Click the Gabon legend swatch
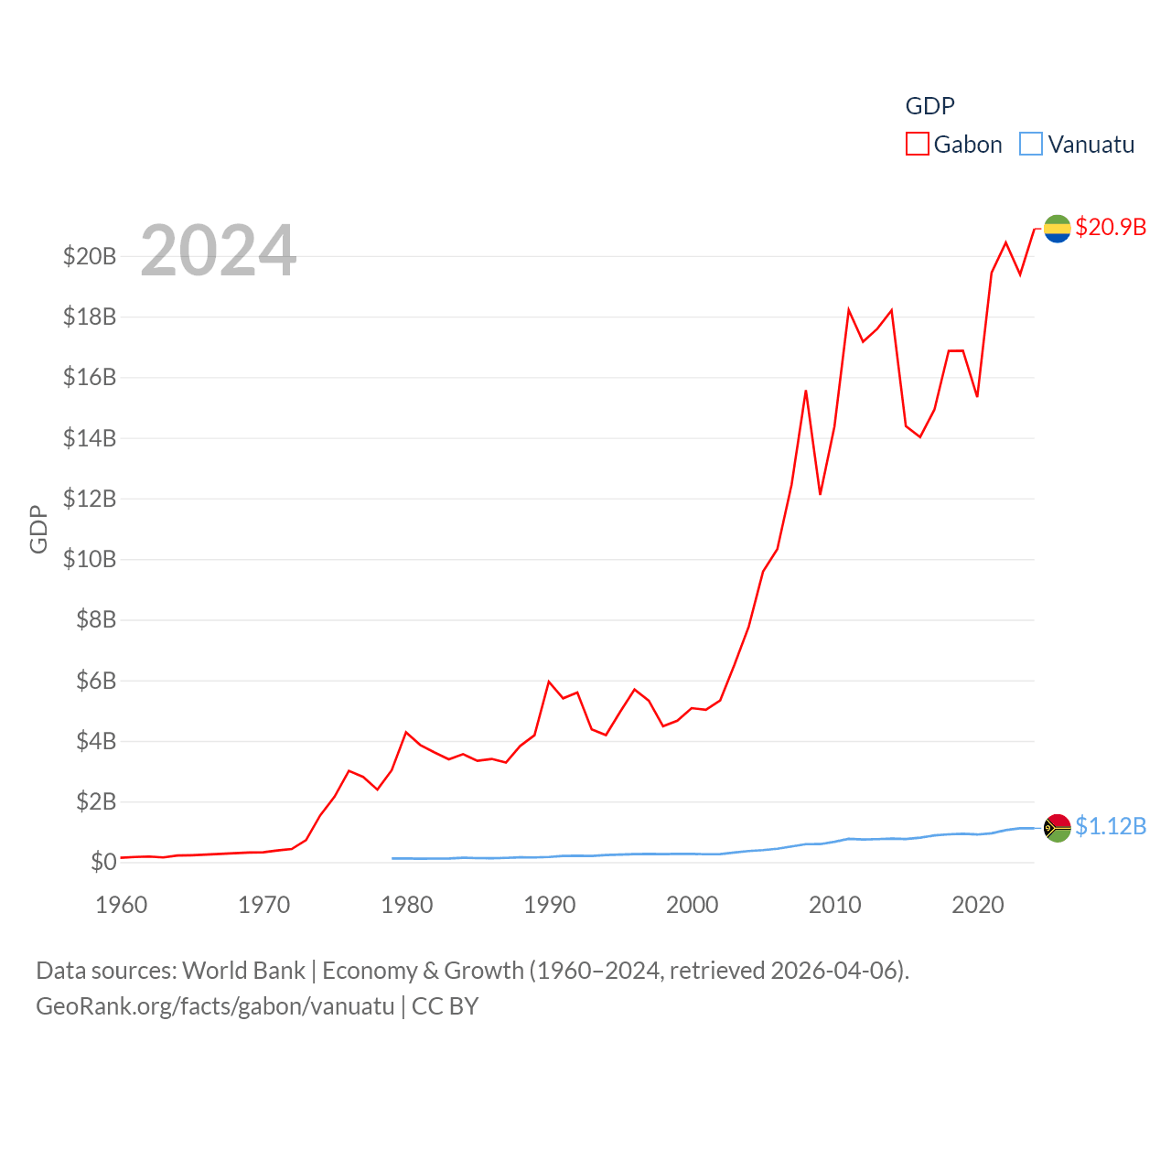(x=917, y=145)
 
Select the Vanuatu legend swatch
(x=1031, y=145)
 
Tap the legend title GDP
(x=929, y=106)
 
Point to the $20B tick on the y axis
(x=90, y=256)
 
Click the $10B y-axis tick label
(x=90, y=559)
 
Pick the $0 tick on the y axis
(x=103, y=862)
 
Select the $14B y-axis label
(x=90, y=438)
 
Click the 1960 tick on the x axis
(x=122, y=905)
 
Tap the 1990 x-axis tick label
(x=550, y=905)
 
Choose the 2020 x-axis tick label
(x=978, y=905)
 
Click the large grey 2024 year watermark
(x=218, y=251)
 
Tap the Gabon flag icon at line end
(x=1058, y=229)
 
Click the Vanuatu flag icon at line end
(x=1058, y=828)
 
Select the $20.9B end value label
(x=1111, y=227)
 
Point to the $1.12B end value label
(x=1111, y=826)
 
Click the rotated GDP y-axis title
(x=38, y=529)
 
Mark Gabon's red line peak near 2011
(x=849, y=310)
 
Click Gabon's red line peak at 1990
(x=549, y=682)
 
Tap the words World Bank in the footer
(x=243, y=970)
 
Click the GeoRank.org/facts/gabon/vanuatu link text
(x=215, y=1006)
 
